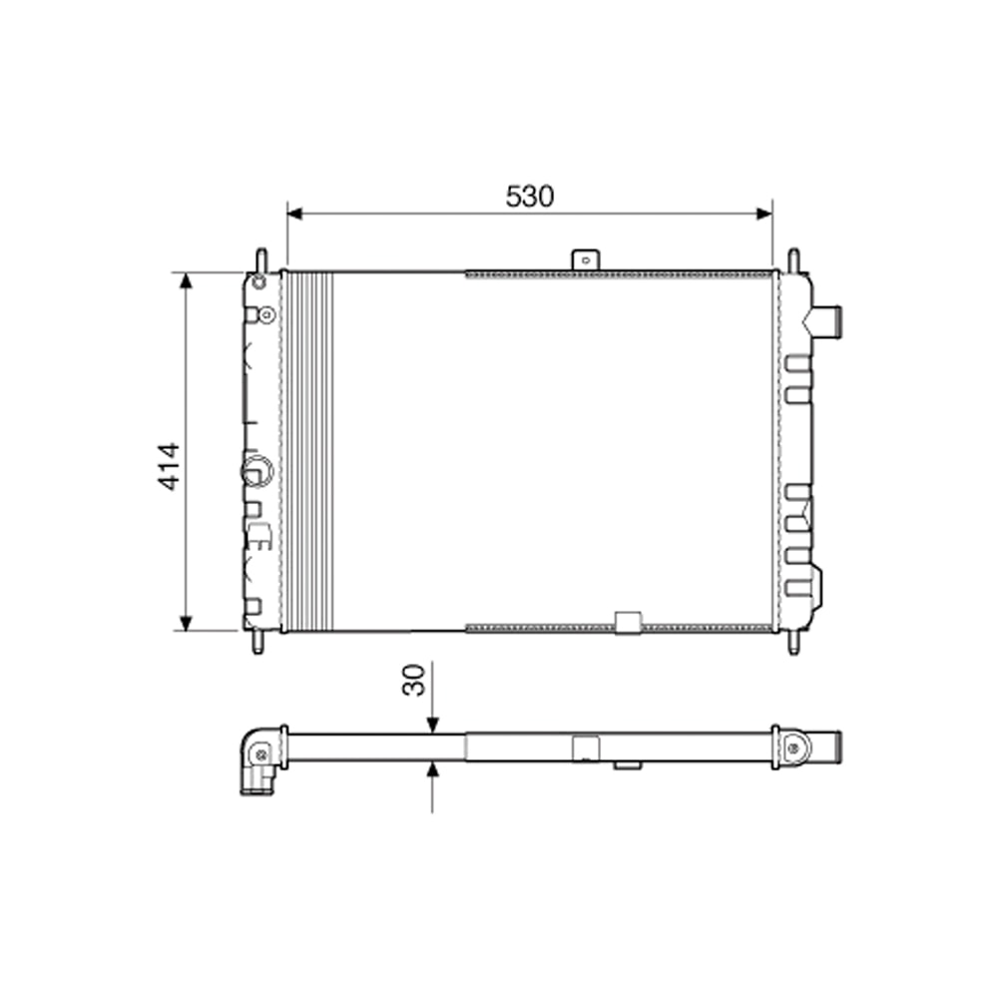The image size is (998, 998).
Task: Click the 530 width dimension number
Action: coord(529,197)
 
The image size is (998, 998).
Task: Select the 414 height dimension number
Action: coord(170,466)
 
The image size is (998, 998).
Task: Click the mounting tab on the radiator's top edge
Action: coord(585,259)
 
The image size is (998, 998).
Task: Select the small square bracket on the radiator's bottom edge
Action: coord(628,623)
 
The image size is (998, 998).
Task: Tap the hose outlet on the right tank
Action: coord(827,320)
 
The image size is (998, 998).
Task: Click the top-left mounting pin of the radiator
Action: coord(260,258)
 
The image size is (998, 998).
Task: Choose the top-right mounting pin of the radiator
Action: coord(793,258)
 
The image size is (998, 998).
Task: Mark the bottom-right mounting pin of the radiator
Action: coord(793,643)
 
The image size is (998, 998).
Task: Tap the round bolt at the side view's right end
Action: coord(794,748)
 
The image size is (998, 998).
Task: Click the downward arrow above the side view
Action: coord(432,725)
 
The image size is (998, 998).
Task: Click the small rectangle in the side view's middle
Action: coord(585,748)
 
